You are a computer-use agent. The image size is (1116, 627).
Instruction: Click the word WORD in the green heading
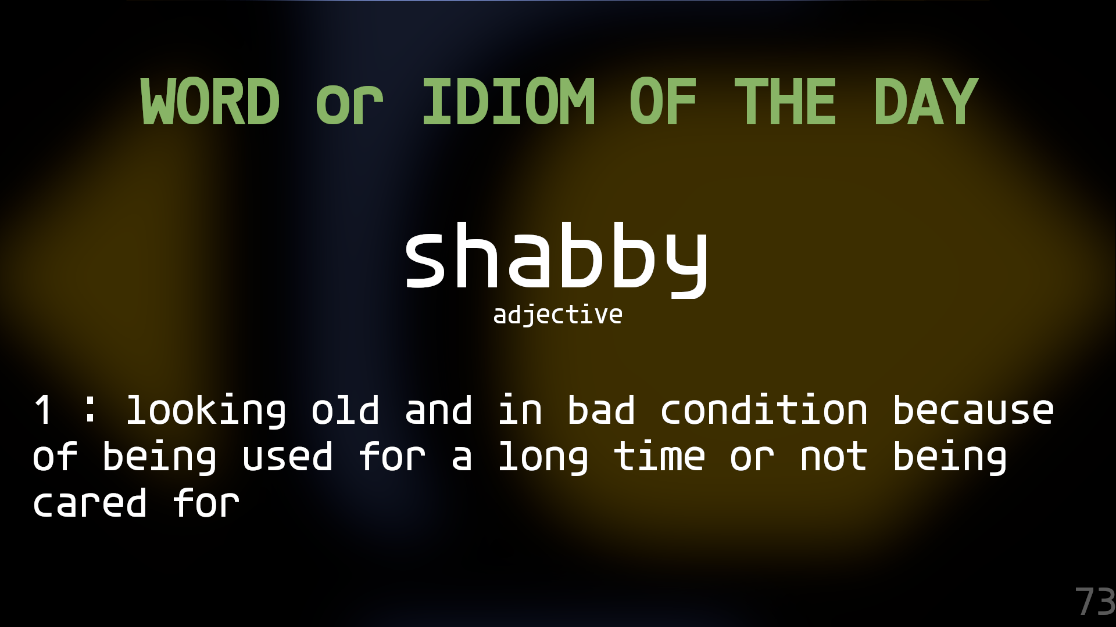(210, 102)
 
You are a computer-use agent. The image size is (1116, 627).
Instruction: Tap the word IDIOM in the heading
(509, 102)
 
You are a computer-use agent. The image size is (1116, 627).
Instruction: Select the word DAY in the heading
(926, 102)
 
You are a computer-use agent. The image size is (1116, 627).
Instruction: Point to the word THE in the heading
(785, 102)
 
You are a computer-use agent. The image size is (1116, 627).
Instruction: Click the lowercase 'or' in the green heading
(349, 107)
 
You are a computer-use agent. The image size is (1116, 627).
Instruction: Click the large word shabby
(557, 258)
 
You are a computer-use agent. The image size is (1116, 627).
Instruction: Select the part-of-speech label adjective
(558, 315)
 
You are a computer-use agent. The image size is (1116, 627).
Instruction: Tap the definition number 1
(44, 410)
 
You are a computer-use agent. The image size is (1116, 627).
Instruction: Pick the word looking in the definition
(206, 412)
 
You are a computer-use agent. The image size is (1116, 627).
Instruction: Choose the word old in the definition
(345, 410)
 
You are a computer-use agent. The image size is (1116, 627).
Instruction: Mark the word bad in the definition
(601, 410)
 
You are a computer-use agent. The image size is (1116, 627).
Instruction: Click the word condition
(764, 410)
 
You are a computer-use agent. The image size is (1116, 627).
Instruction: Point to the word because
(973, 410)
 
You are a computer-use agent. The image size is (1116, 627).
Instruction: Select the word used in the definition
(287, 457)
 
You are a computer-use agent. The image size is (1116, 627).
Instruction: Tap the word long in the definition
(543, 458)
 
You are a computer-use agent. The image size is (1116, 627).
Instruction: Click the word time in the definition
(659, 457)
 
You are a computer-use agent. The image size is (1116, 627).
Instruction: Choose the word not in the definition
(834, 457)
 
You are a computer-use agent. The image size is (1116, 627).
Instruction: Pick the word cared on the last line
(90, 503)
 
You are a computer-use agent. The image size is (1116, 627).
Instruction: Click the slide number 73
(1094, 602)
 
